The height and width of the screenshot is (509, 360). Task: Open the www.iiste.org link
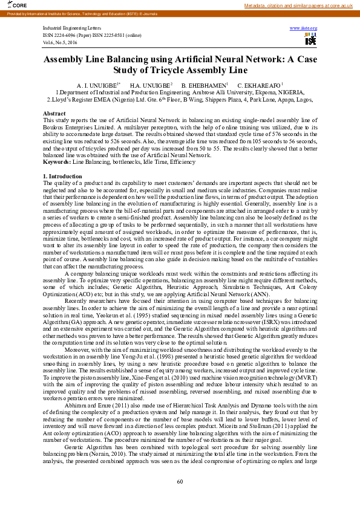[x=304, y=28]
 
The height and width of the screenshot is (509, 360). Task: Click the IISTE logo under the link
[x=310, y=39]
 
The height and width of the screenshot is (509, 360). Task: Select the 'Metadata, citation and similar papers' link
[x=298, y=5]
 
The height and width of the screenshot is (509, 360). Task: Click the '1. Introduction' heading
[x=63, y=175]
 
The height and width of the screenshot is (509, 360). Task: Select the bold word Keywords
[x=57, y=163]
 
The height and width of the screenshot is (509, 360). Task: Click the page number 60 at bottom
[x=180, y=481]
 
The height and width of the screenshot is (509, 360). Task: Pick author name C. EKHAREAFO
[x=258, y=85]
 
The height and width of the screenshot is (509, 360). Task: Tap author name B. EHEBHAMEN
[x=203, y=85]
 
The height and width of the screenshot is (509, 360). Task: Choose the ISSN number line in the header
[x=88, y=34]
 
